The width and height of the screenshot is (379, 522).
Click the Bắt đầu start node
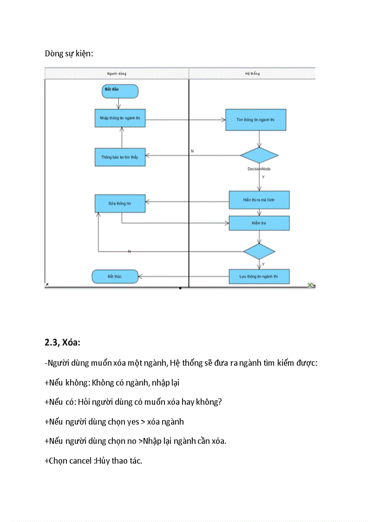click(x=120, y=91)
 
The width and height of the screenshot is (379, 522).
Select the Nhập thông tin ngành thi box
click(x=120, y=119)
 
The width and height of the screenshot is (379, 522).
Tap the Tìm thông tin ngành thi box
click(x=255, y=120)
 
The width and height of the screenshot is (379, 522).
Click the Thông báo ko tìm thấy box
click(x=120, y=157)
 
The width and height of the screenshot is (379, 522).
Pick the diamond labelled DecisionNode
click(x=259, y=156)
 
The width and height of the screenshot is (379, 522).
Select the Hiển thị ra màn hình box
click(x=259, y=200)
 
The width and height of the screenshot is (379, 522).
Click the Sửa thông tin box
click(x=120, y=204)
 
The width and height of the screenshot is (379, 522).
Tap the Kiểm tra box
click(x=259, y=223)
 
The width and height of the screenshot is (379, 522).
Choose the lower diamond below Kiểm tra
click(x=259, y=251)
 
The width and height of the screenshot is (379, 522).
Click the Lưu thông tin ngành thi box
click(x=259, y=277)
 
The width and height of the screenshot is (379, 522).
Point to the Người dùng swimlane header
click(x=117, y=73)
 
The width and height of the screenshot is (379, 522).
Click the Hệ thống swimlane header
click(x=252, y=73)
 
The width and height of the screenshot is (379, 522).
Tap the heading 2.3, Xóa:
click(x=63, y=343)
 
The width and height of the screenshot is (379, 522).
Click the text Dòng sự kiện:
click(x=69, y=53)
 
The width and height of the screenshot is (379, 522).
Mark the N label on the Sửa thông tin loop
click(x=129, y=251)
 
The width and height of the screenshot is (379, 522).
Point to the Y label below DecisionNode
click(x=263, y=177)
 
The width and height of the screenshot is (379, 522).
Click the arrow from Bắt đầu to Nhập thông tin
click(x=118, y=104)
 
